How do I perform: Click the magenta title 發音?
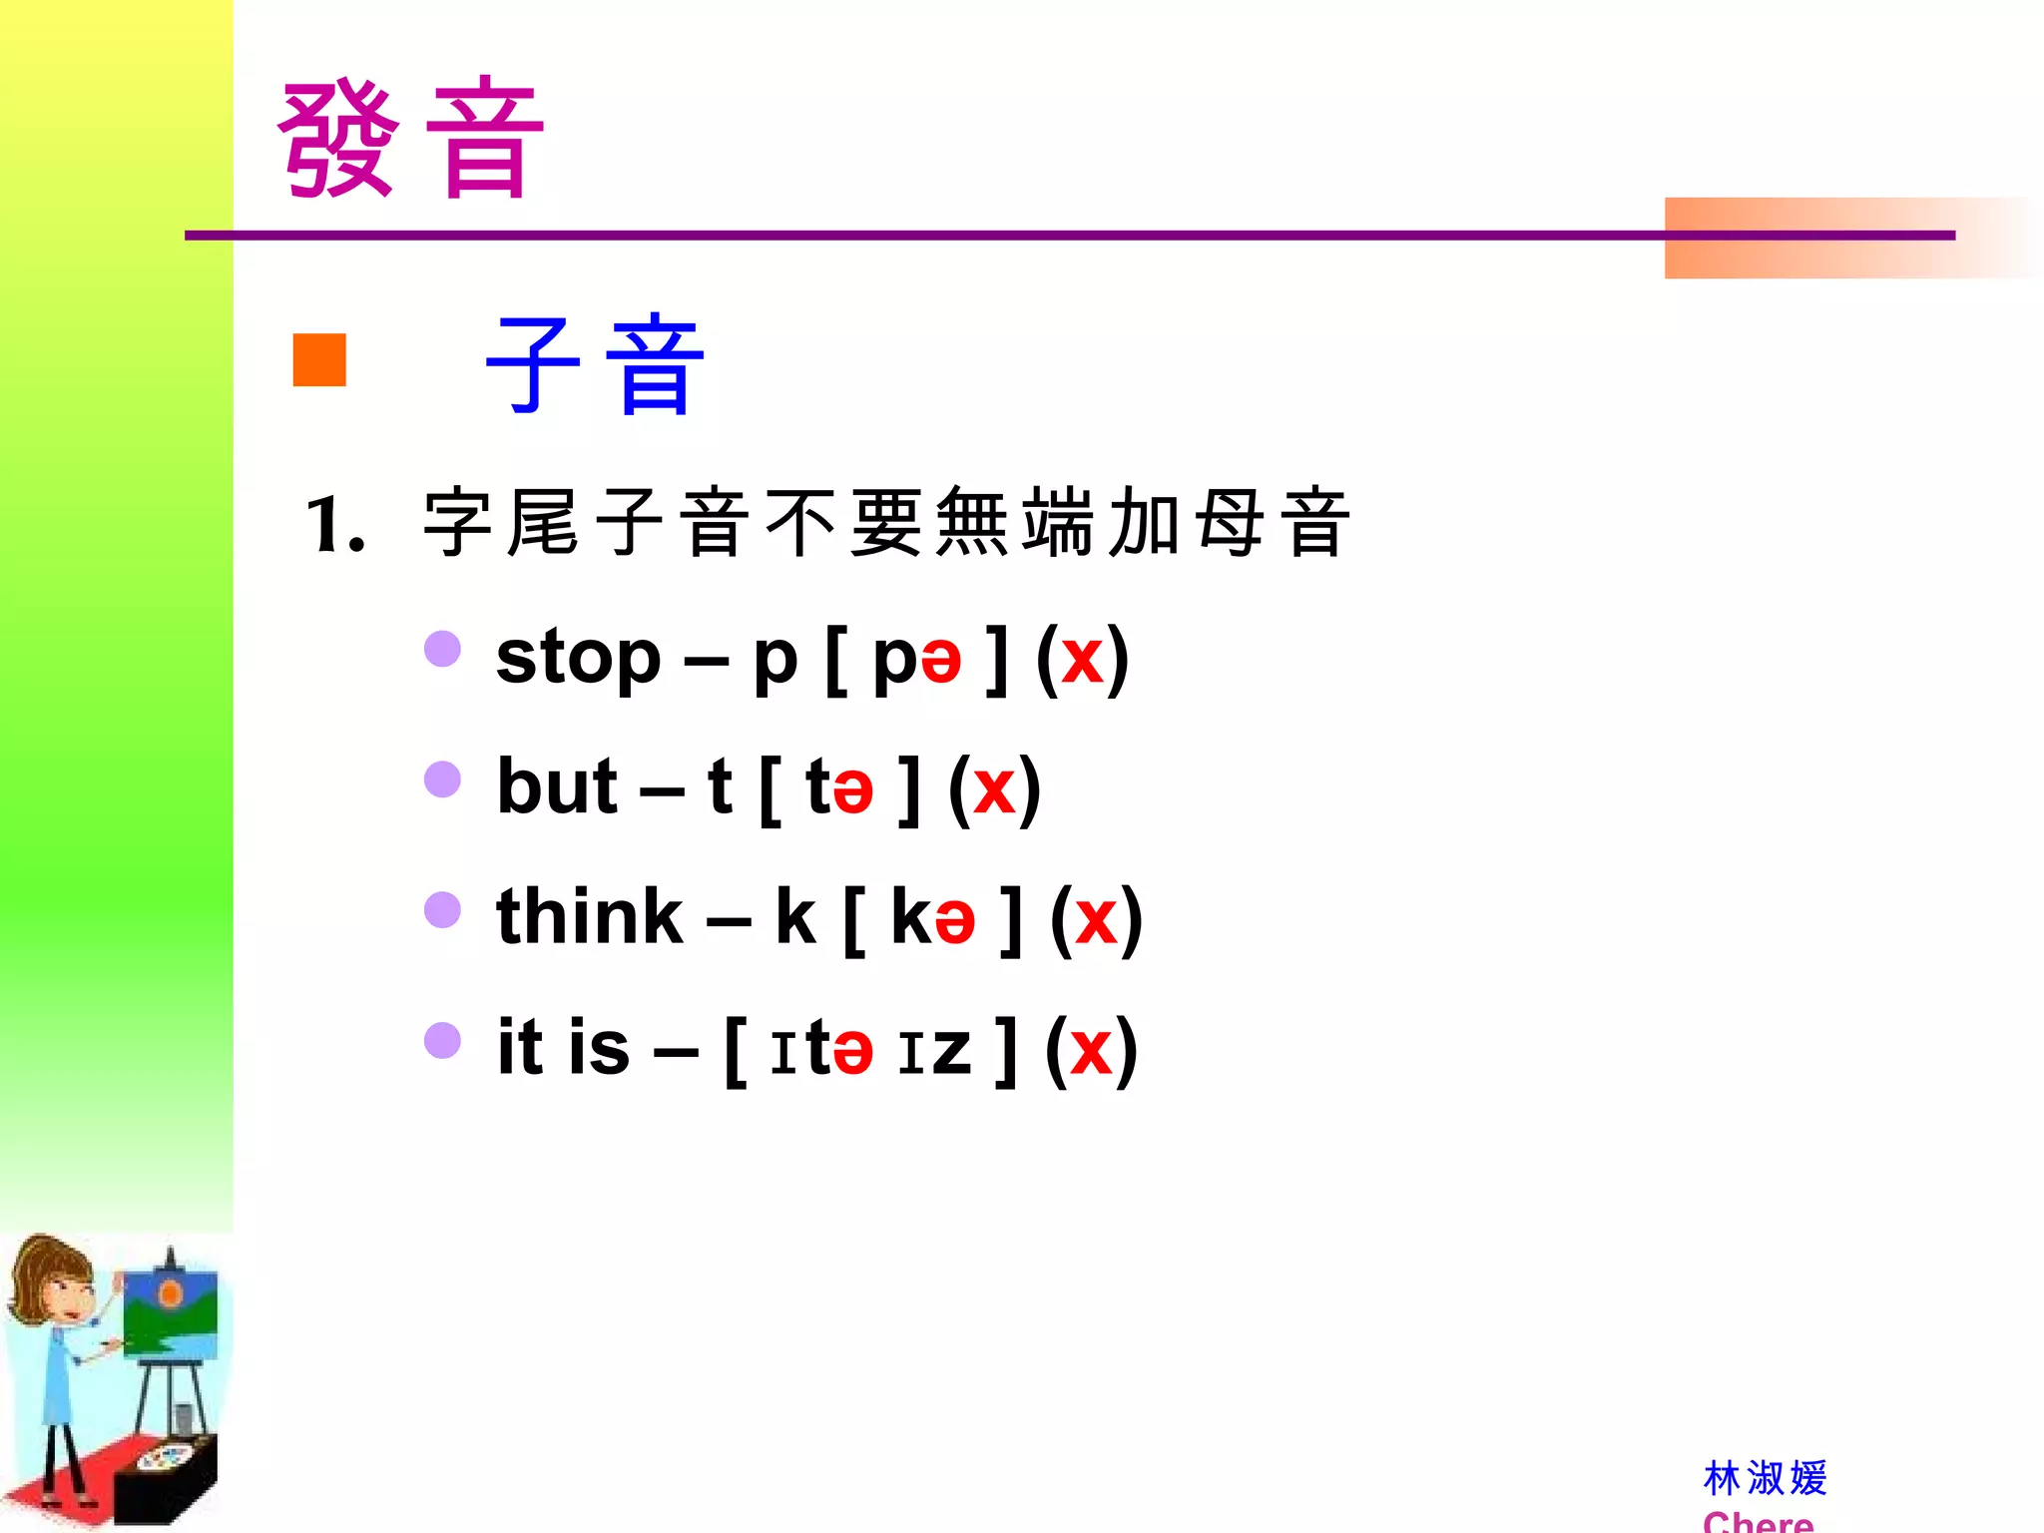[410, 140]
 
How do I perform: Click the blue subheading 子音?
[596, 365]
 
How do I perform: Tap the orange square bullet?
[319, 359]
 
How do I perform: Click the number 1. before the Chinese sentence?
[334, 525]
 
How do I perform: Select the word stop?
[579, 659]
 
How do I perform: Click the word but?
[557, 787]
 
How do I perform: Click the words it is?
[564, 1048]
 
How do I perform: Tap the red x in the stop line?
[1082, 661]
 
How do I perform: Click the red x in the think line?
[1096, 920]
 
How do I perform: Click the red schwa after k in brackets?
[955, 921]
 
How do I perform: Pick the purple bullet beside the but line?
[442, 779]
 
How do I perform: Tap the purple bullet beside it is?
[442, 1040]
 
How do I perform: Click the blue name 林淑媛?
[1765, 1478]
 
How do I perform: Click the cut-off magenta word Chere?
[1759, 1521]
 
